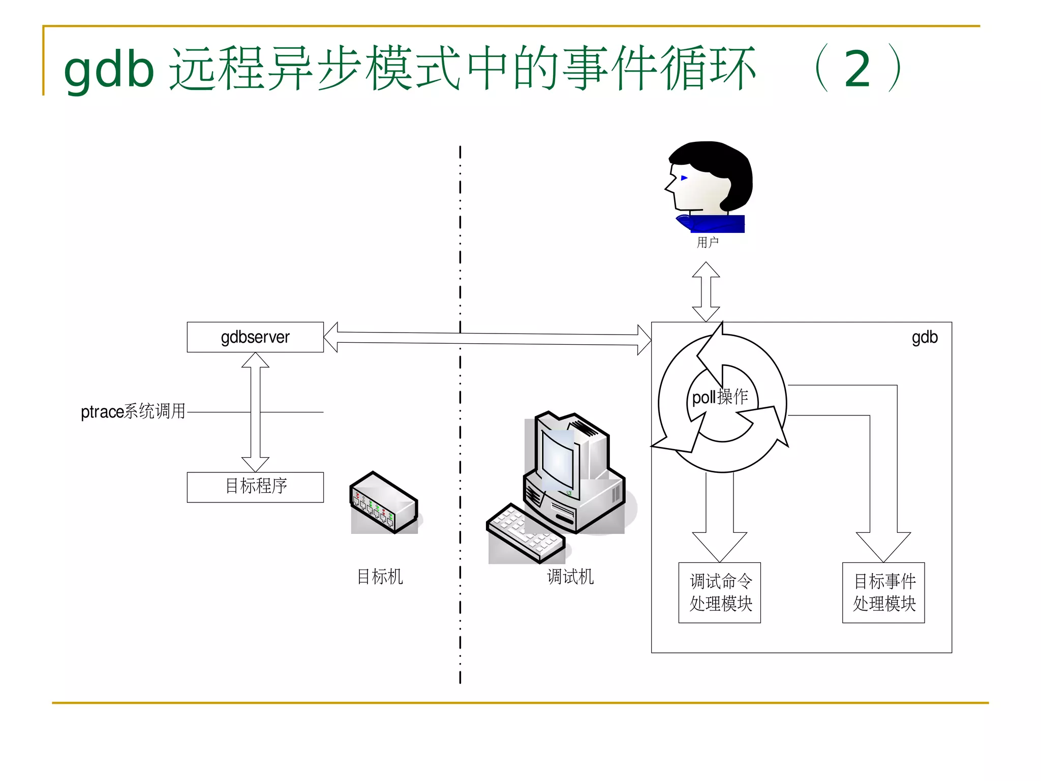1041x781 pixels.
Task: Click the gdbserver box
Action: (x=255, y=337)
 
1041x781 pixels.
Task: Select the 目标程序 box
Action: (x=255, y=487)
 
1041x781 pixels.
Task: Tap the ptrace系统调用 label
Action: (x=133, y=411)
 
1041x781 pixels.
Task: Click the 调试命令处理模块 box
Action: (x=720, y=592)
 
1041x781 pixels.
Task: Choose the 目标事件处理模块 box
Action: (x=883, y=592)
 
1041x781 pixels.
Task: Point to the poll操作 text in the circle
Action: (x=720, y=397)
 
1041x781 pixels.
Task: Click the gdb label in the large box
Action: (x=924, y=338)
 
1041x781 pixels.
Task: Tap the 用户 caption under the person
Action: (x=707, y=243)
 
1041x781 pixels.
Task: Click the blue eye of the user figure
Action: (x=684, y=178)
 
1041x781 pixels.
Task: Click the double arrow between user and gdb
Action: (x=706, y=291)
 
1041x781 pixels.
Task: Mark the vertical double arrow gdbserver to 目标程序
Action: (x=255, y=412)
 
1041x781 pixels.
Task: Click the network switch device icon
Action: (x=384, y=503)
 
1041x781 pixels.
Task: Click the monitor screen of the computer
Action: (x=558, y=457)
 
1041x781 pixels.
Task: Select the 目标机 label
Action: (x=380, y=577)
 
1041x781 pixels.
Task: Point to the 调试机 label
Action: (x=570, y=577)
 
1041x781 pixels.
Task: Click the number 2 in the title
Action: (x=858, y=70)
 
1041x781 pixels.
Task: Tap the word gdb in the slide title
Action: (x=109, y=70)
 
